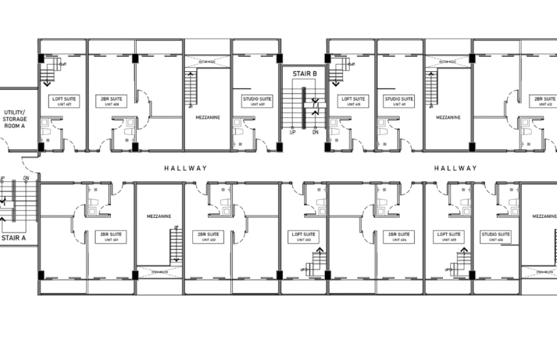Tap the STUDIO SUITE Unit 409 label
256,101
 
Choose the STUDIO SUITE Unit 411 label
399,101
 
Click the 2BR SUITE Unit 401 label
111,237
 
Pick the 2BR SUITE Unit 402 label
208,237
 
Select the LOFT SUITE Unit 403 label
304,237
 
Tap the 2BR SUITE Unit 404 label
401,237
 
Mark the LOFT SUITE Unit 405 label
449,237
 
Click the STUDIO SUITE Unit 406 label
496,237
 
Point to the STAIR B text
303,74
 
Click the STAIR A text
13,237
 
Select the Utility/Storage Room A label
15,119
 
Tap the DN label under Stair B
315,133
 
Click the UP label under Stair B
292,133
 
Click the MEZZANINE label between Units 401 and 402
159,216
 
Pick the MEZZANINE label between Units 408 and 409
207,117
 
